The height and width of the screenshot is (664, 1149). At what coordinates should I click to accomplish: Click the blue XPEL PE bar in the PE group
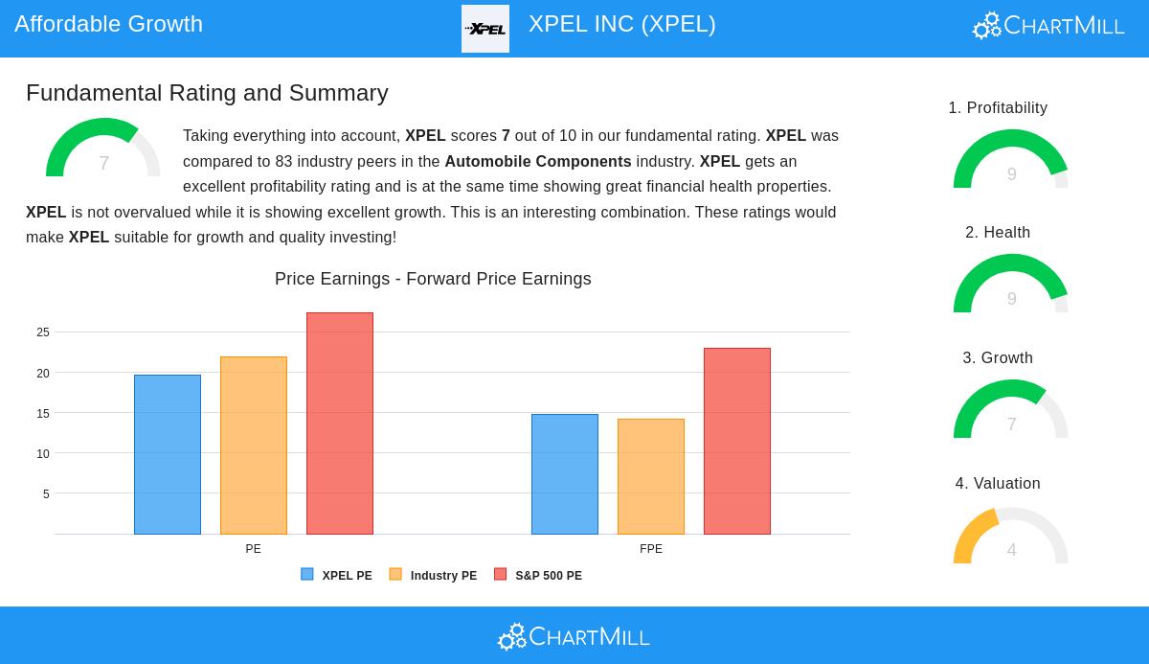(168, 454)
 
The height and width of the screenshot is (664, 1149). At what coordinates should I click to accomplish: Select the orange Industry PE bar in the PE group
(254, 446)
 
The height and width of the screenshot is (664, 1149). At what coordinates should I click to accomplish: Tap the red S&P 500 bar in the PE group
(340, 424)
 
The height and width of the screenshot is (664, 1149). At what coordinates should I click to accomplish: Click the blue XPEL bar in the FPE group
(565, 474)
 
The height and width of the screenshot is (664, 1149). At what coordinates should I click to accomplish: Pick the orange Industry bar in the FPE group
(651, 476)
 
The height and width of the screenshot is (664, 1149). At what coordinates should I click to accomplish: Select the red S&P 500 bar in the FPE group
(737, 441)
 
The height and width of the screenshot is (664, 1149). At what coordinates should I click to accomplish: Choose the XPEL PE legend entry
(337, 576)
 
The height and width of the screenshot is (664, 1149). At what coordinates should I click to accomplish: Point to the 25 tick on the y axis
(43, 332)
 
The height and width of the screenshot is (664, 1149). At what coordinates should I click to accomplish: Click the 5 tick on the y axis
(46, 494)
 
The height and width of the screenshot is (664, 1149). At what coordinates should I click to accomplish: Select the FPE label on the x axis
(651, 549)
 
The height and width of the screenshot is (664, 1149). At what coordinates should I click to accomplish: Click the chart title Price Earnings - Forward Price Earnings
(433, 279)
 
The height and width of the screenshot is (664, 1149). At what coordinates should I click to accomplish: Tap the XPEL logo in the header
(485, 29)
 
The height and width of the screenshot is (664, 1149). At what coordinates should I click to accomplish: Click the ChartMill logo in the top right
(1048, 26)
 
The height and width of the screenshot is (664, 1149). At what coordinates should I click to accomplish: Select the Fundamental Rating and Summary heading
(207, 93)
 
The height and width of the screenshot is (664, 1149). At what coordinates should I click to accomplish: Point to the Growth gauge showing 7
(1011, 411)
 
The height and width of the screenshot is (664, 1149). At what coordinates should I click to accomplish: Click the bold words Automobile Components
(538, 161)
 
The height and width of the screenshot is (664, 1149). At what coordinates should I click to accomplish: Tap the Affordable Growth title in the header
(108, 24)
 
